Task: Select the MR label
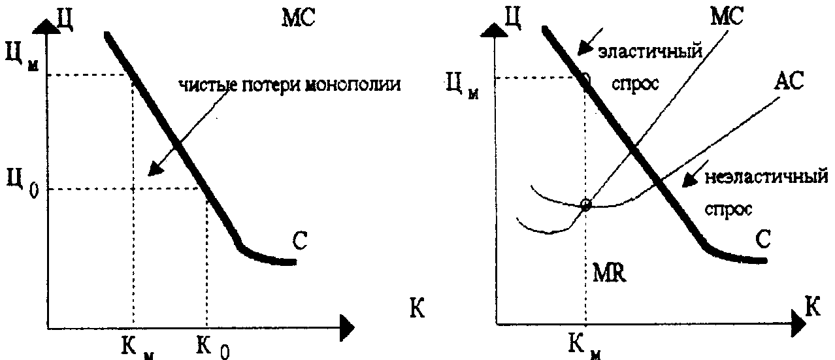[x=610, y=272]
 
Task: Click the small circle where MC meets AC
[x=585, y=205]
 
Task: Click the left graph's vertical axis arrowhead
[x=46, y=27]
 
